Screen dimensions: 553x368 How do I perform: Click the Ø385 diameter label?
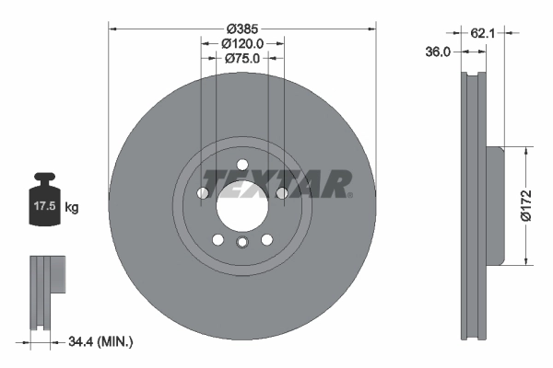coord(242,29)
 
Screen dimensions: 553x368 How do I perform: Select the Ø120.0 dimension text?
coord(242,43)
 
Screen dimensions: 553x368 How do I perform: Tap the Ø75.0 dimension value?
coord(242,59)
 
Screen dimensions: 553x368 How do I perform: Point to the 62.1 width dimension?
coord(483,33)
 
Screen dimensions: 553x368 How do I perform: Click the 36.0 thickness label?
coord(438,52)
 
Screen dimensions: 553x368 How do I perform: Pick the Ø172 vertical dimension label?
coord(526,206)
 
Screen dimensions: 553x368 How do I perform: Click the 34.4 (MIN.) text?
coord(100,341)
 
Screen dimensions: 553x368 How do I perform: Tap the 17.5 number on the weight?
coord(45,206)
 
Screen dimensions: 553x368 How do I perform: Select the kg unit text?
coord(72,207)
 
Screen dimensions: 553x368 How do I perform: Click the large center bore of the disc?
coord(242,205)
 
